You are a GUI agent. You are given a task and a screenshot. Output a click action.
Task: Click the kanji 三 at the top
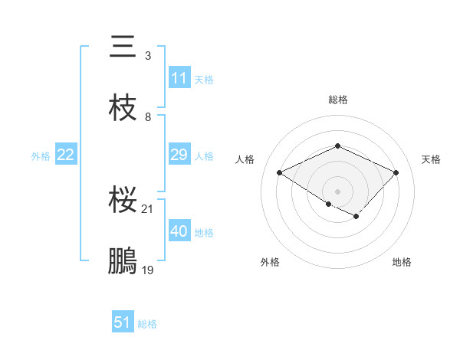point(123,47)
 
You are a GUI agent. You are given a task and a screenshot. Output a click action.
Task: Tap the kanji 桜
point(123,201)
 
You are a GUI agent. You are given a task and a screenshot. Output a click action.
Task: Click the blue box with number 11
point(179,78)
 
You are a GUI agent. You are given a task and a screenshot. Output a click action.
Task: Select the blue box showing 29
point(179,155)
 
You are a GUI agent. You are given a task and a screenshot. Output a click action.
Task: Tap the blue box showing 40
point(179,231)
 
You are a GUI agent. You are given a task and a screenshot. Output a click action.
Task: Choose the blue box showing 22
point(65,155)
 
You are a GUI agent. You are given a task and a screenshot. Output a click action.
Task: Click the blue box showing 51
point(122,322)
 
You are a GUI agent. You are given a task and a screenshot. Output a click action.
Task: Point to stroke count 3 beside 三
point(147,56)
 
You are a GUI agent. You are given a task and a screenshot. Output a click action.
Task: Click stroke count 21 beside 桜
point(148,209)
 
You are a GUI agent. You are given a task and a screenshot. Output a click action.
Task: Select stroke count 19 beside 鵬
point(148,270)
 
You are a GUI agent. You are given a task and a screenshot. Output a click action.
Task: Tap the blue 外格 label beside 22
point(41,155)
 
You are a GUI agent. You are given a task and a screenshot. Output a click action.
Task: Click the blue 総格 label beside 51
point(147,324)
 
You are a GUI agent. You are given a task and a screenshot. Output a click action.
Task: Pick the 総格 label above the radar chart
point(337,100)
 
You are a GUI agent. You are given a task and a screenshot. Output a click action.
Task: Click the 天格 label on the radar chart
point(431,159)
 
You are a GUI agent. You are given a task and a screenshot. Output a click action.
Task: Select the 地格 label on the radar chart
point(402,262)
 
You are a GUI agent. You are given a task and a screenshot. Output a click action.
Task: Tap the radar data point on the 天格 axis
point(396,173)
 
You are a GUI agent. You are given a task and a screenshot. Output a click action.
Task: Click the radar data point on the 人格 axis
point(280,173)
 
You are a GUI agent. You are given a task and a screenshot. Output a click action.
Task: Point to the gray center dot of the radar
point(337,191)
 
